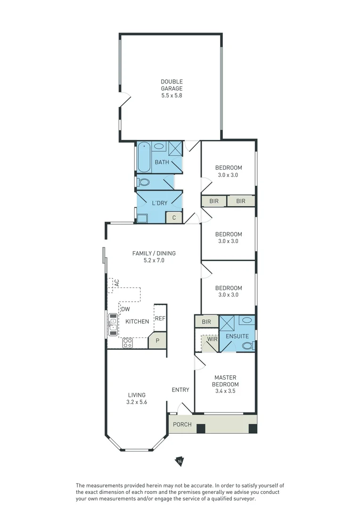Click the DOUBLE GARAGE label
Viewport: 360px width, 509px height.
tap(171, 88)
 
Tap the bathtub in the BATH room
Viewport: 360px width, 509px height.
tap(144, 157)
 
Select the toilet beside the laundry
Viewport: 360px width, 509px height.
tap(144, 182)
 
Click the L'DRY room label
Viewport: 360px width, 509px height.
tap(159, 203)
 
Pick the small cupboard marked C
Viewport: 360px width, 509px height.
tap(174, 217)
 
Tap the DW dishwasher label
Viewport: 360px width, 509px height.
tap(125, 309)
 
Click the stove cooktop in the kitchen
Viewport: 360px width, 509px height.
tap(127, 343)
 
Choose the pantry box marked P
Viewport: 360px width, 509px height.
tap(157, 340)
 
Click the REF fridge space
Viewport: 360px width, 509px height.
tap(160, 318)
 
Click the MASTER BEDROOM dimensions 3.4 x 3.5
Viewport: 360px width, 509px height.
tap(226, 391)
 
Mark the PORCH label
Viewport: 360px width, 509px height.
tap(182, 424)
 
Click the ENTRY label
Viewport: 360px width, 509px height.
tap(180, 390)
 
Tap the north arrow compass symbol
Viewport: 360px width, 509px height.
tap(179, 461)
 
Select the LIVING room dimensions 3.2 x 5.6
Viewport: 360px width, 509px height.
tap(137, 402)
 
